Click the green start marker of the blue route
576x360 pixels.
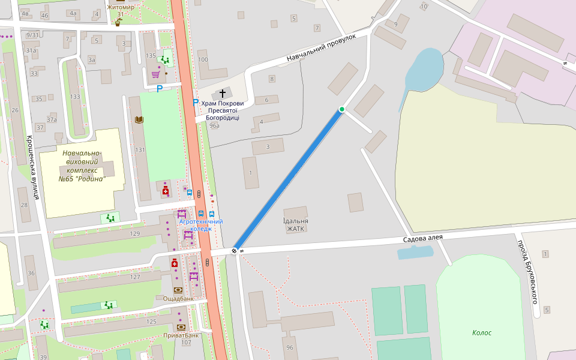[341, 109]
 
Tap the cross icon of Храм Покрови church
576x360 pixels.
[223, 93]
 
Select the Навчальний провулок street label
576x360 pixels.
[321, 48]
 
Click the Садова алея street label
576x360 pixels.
[422, 238]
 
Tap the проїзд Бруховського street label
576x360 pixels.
[527, 271]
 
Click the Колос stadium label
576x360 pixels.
[481, 332]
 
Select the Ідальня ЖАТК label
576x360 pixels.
[295, 224]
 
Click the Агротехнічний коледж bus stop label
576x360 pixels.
[200, 225]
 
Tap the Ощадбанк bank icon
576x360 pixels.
[178, 290]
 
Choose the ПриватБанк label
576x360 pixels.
[181, 335]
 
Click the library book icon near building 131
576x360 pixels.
[139, 120]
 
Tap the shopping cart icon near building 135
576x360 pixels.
[156, 74]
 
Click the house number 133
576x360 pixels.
[75, 97]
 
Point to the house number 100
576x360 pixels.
[203, 59]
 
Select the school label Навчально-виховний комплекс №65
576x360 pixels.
[82, 166]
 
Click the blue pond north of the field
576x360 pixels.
[425, 68]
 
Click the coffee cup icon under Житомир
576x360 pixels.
[118, 22]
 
